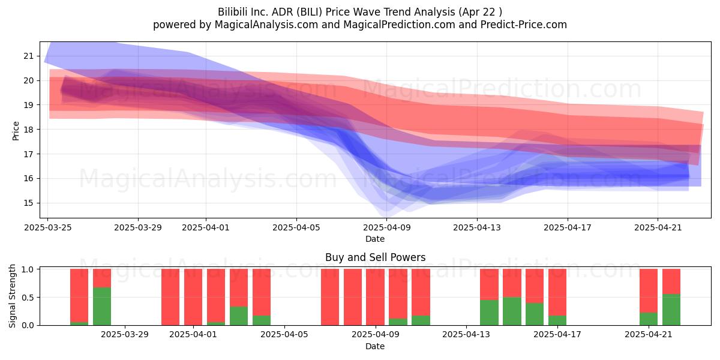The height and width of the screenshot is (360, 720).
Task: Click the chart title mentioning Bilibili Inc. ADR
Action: [x=359, y=12]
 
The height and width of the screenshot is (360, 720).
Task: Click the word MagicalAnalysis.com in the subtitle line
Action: [x=266, y=25]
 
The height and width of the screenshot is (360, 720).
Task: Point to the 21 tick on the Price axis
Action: [x=29, y=56]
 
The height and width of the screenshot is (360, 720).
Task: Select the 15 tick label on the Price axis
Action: [x=29, y=203]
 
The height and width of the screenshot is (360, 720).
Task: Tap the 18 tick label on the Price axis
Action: [x=29, y=130]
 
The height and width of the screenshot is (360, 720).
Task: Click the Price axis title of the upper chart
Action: [x=16, y=131]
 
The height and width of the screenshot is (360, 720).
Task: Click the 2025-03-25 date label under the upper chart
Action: [x=48, y=227]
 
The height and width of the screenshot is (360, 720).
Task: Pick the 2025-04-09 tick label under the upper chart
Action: [x=387, y=227]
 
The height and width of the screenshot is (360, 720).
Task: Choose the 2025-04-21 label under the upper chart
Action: [x=658, y=227]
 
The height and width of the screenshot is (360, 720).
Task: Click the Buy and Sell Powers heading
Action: [x=375, y=257]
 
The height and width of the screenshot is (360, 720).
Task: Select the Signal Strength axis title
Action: [x=12, y=296]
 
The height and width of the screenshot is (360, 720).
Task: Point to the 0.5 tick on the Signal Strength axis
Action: [x=28, y=298]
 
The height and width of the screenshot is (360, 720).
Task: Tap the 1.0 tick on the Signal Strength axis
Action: [x=28, y=269]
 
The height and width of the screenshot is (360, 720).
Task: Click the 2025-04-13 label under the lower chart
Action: [x=466, y=335]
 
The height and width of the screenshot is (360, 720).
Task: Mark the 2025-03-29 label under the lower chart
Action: [x=125, y=335]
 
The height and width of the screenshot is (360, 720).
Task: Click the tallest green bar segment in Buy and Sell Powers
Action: [x=102, y=307]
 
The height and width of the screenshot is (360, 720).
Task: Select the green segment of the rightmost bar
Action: [x=671, y=310]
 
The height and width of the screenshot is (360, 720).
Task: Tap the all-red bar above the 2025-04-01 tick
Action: [x=193, y=297]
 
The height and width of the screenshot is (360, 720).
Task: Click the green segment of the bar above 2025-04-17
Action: [x=557, y=320]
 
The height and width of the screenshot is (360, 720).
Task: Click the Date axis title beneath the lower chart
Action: [x=375, y=346]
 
